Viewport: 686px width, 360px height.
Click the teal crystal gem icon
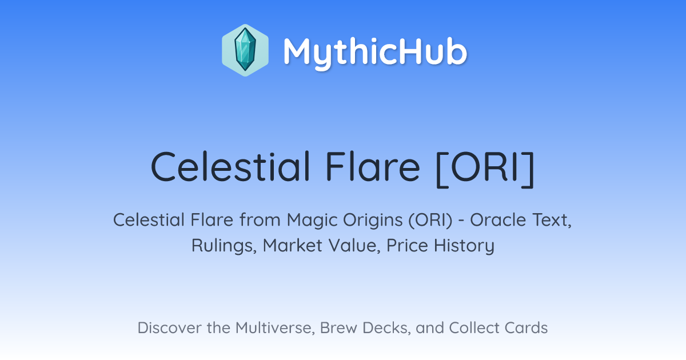point(245,50)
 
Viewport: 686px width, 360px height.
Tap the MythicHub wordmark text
point(376,53)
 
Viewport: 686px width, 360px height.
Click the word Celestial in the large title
point(231,167)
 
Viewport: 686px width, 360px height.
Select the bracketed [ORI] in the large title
point(485,169)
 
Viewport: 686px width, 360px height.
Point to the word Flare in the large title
point(373,167)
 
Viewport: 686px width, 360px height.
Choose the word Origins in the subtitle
point(372,221)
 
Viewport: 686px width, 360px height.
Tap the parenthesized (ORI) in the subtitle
point(430,221)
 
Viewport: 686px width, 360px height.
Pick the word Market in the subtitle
point(293,245)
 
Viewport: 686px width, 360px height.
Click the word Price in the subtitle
point(407,245)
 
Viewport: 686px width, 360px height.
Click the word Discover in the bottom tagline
point(170,328)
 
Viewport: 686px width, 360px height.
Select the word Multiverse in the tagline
point(276,328)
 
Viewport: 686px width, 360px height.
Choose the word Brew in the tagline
point(339,328)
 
